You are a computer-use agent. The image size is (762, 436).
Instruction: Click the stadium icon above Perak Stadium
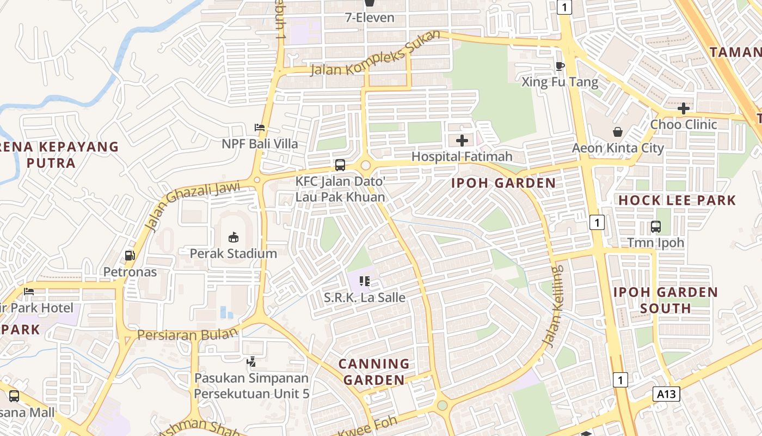point(233,237)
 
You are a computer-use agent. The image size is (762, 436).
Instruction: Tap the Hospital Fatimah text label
point(462,156)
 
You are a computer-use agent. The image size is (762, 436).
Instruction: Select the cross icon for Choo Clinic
point(683,108)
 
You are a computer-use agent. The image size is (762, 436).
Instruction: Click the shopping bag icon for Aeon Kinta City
point(618,132)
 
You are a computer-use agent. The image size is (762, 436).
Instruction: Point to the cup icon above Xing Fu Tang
point(560,66)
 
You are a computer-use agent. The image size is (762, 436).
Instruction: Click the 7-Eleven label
point(370,17)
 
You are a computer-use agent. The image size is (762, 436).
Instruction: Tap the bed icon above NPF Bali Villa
point(260,128)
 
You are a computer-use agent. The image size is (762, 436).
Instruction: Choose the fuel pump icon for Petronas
point(130,255)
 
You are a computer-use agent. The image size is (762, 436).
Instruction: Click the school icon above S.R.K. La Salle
point(365,281)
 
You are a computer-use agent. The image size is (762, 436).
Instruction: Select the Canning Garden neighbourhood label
point(374,372)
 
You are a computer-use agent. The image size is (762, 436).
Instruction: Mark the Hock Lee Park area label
point(677,200)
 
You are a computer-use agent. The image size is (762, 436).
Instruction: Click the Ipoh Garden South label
point(666,300)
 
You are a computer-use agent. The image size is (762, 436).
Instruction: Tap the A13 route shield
point(666,394)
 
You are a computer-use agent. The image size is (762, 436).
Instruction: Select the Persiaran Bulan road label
point(188,334)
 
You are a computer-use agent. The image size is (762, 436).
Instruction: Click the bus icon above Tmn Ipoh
point(656,226)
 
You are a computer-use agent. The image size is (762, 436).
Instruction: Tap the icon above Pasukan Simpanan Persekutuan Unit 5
point(251,361)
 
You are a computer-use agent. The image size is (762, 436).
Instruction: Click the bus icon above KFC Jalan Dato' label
point(340,165)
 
